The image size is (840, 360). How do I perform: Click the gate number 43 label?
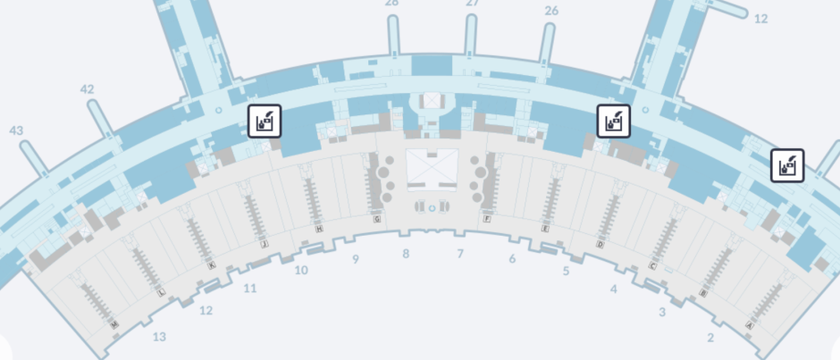16,130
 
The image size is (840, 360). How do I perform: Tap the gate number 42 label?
87,89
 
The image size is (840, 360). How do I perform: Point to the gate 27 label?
473,4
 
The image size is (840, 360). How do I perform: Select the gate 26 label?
551,11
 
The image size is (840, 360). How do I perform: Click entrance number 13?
159,337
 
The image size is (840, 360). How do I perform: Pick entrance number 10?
301,270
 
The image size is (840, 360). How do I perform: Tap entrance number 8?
406,255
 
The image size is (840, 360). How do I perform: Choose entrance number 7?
460,255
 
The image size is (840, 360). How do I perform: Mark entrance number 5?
566,271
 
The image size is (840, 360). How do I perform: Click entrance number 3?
662,312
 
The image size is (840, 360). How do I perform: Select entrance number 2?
710,337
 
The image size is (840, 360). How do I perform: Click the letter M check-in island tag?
114,325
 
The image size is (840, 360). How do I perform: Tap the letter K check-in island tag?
211,265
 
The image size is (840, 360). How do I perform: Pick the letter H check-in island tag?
319,229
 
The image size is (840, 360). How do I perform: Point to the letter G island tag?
378,218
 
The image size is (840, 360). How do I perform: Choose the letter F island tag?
486,218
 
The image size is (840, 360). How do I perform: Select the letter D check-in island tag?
600,244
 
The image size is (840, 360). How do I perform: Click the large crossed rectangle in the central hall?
432,168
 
